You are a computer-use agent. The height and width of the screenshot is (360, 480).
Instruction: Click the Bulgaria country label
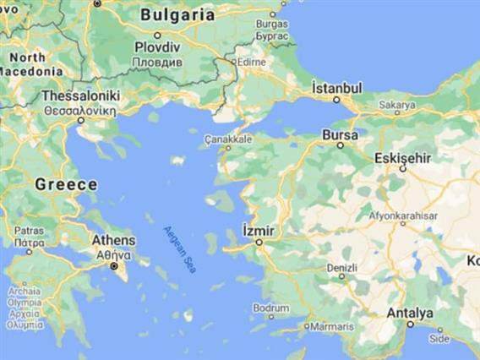click(x=177, y=14)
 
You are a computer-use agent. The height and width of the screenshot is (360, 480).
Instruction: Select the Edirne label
click(x=250, y=62)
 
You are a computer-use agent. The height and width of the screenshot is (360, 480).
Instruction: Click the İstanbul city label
click(x=336, y=88)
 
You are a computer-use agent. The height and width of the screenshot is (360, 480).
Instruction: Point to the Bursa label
click(x=341, y=134)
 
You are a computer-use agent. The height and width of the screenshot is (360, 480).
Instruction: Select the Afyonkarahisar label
click(x=403, y=215)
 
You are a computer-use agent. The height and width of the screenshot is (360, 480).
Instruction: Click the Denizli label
click(x=342, y=268)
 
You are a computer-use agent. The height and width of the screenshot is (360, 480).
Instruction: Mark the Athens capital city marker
click(x=113, y=265)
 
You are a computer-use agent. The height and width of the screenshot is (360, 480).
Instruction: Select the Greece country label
click(x=65, y=184)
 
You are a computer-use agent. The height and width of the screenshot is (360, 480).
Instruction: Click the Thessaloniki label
click(x=81, y=95)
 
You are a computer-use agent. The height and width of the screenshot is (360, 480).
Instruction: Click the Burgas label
click(x=271, y=25)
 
